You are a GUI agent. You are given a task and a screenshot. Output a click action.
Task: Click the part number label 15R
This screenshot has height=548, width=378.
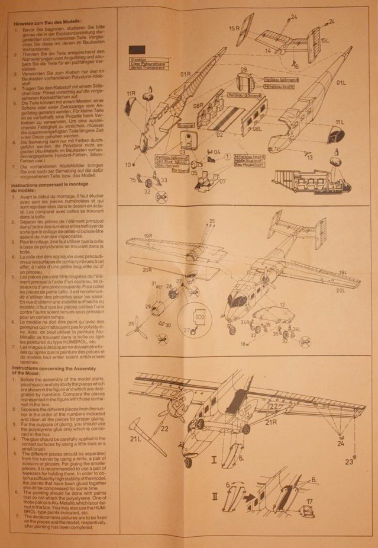click(234, 28)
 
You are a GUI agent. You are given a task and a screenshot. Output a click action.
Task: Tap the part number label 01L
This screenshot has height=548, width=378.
click(341, 83)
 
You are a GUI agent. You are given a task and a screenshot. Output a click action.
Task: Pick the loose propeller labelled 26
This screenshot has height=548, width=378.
click(140, 324)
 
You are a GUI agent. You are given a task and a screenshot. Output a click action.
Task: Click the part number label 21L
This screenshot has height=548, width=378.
click(135, 438)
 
